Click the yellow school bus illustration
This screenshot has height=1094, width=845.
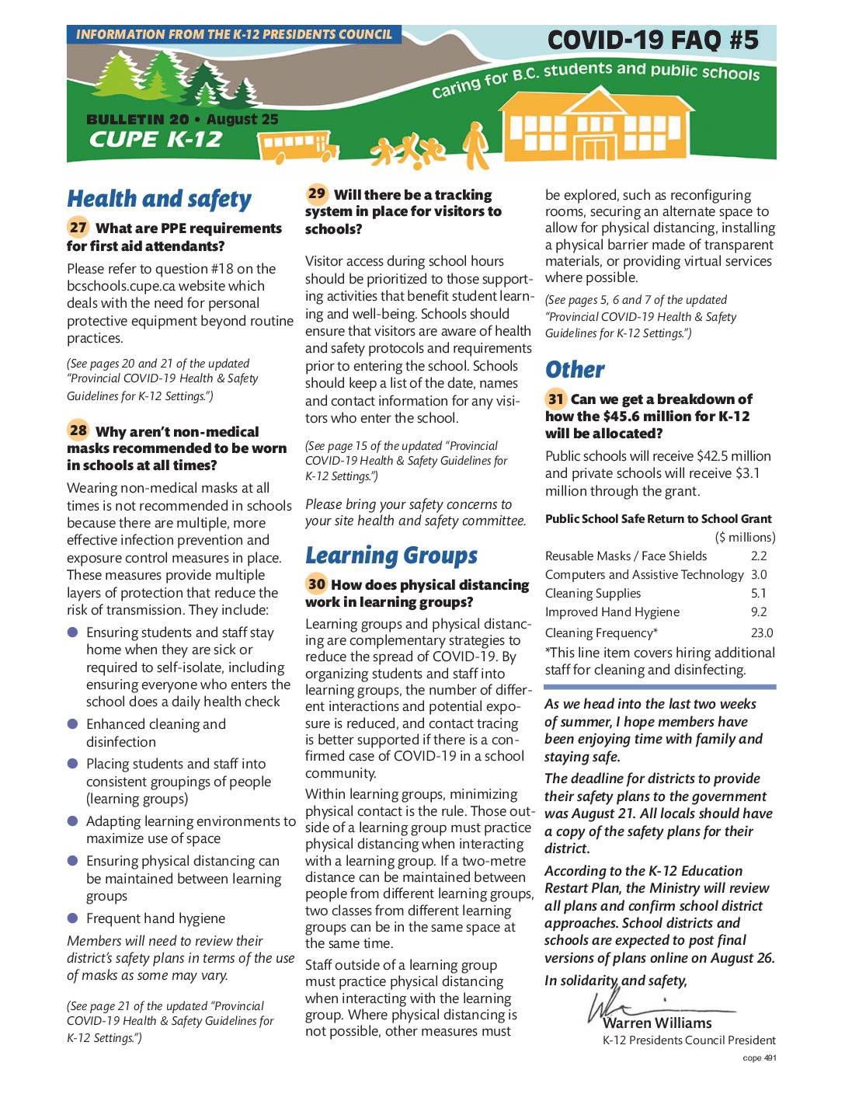point(297,145)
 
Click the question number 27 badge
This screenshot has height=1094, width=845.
point(78,228)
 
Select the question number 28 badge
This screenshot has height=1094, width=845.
point(78,430)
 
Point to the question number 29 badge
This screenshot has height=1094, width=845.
point(317,193)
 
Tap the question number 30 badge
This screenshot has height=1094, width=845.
point(316,584)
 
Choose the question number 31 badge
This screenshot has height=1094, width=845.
point(555,399)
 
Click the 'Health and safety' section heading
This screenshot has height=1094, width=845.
point(159,199)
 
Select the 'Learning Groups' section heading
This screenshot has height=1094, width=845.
point(391,556)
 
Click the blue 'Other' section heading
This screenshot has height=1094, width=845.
point(575,370)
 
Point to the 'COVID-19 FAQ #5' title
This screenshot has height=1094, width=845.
point(652,40)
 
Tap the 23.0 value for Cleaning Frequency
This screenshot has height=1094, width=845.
point(761,633)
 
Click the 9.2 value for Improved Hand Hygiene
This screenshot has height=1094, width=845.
point(759,612)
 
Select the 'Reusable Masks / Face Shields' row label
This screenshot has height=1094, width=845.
point(626,556)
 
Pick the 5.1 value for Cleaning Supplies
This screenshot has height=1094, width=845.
point(759,594)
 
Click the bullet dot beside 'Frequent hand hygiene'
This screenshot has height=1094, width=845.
point(73,918)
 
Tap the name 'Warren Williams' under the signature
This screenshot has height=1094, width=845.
point(657,1023)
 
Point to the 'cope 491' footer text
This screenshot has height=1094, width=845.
point(759,1058)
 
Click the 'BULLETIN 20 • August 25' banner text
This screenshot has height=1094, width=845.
point(182,120)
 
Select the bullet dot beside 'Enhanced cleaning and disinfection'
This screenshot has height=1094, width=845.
point(73,723)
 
